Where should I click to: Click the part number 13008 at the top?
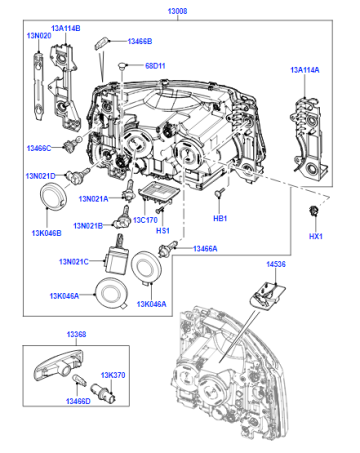coord(177,11)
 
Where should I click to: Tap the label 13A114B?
coord(66,28)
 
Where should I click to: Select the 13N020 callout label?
coord(39,36)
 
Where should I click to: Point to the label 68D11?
coord(155,66)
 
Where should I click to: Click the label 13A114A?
coord(305,70)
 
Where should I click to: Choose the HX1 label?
coord(316,236)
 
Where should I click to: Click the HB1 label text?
coord(220,219)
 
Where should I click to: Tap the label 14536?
coord(276,264)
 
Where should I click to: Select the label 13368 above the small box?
coord(76,334)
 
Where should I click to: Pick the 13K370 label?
coord(113,375)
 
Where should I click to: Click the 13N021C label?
coord(74,262)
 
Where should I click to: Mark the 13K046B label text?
coord(46,233)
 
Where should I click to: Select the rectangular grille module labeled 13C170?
coord(159,194)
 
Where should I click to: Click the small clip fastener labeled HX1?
coord(313,211)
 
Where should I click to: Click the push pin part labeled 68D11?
coord(122,65)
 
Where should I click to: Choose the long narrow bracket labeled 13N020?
coord(39,86)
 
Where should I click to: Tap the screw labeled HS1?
coord(160,210)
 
